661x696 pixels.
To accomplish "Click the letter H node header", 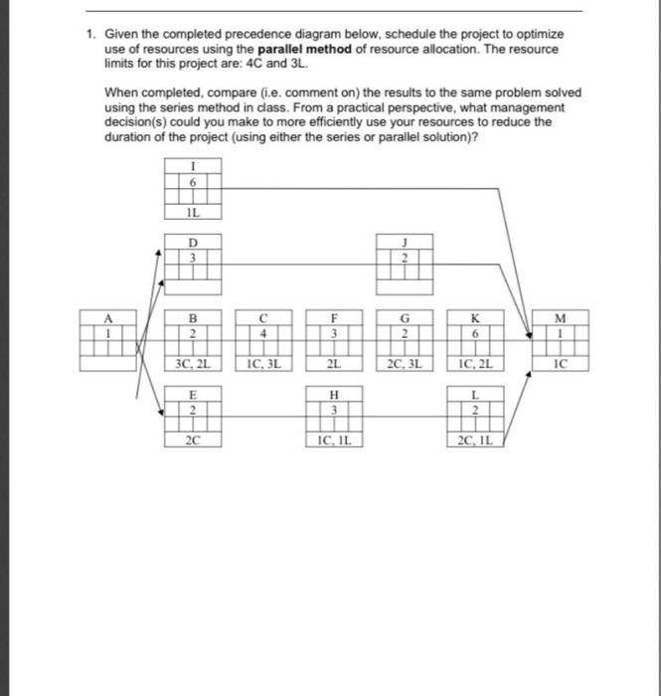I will (x=335, y=396).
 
